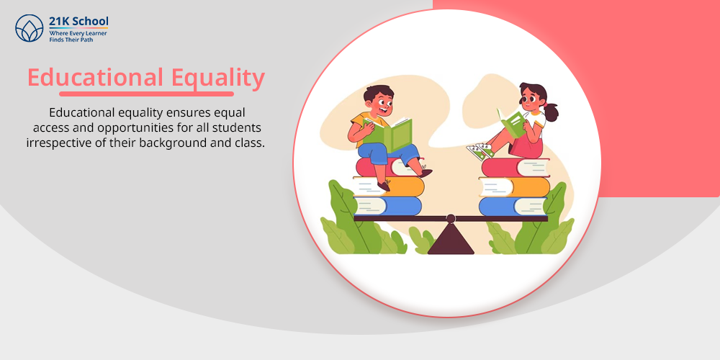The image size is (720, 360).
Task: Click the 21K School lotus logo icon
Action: pos(30,28)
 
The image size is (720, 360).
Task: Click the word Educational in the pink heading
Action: pos(95,77)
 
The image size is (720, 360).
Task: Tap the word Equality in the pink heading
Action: pos(218,78)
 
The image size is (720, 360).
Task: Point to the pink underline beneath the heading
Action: pos(146,94)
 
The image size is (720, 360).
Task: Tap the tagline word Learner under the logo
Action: pos(96,34)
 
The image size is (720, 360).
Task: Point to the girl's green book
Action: pos(511,122)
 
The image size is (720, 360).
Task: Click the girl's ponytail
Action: pos(551,112)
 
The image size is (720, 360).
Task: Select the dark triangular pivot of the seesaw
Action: pos(451,238)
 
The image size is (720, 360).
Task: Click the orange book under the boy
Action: pos(389,186)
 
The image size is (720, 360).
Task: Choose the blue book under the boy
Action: pos(387,206)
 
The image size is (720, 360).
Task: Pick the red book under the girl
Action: pos(516,167)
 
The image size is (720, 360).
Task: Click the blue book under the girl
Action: pos(513,207)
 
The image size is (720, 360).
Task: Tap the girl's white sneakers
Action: pos(480,150)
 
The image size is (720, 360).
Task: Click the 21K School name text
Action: pos(79,21)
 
